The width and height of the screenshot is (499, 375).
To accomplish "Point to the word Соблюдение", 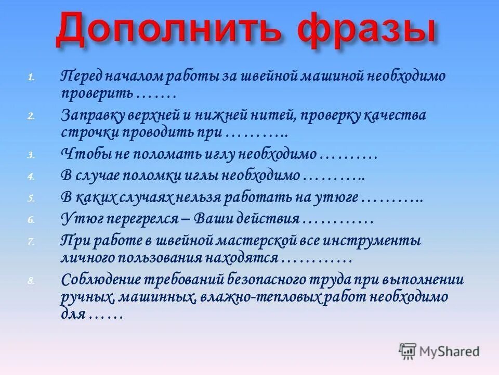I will coord(102,279).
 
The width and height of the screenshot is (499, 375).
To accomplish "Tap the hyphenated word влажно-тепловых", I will coord(255,297).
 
